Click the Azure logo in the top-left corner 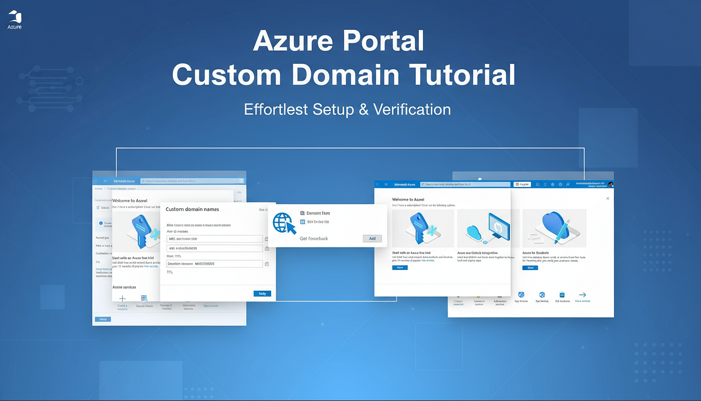click(x=15, y=19)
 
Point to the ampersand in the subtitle click(x=363, y=109)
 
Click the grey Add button click(x=372, y=238)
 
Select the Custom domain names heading click(x=193, y=209)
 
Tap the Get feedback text click(x=314, y=238)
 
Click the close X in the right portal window click(x=608, y=198)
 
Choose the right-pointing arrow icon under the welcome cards click(x=582, y=295)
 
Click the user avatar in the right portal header click(x=610, y=184)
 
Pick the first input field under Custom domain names click(x=215, y=238)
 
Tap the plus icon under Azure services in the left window click(x=122, y=299)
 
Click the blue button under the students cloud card click(x=530, y=267)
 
